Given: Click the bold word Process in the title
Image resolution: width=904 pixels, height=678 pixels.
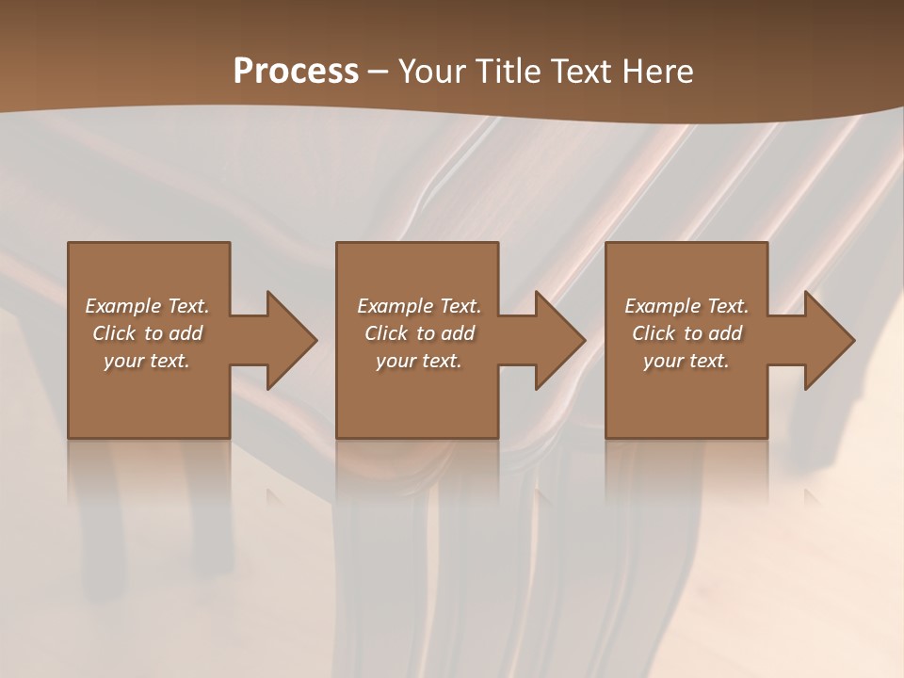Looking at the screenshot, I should click(x=296, y=72).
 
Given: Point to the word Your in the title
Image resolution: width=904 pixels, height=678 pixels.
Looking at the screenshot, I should click(x=433, y=72).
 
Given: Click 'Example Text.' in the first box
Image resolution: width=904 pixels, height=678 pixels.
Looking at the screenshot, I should click(x=147, y=306).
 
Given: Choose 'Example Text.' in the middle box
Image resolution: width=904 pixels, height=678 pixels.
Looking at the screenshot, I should click(x=419, y=306).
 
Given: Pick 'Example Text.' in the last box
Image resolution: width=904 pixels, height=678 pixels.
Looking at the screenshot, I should click(x=686, y=306).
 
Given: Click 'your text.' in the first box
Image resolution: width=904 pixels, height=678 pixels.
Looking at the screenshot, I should click(x=147, y=361).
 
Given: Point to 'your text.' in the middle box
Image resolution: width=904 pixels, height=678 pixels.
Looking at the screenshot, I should click(x=419, y=361).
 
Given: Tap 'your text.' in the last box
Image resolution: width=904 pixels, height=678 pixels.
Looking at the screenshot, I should click(x=686, y=361).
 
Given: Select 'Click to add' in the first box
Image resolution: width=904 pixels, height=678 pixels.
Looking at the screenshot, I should click(x=147, y=333).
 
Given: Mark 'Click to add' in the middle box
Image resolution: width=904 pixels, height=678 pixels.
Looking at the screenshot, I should click(x=419, y=333).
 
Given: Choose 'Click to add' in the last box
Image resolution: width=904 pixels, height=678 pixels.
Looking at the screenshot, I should click(x=686, y=333).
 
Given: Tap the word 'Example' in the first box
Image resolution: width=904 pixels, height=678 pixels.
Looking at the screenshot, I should click(x=123, y=306).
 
